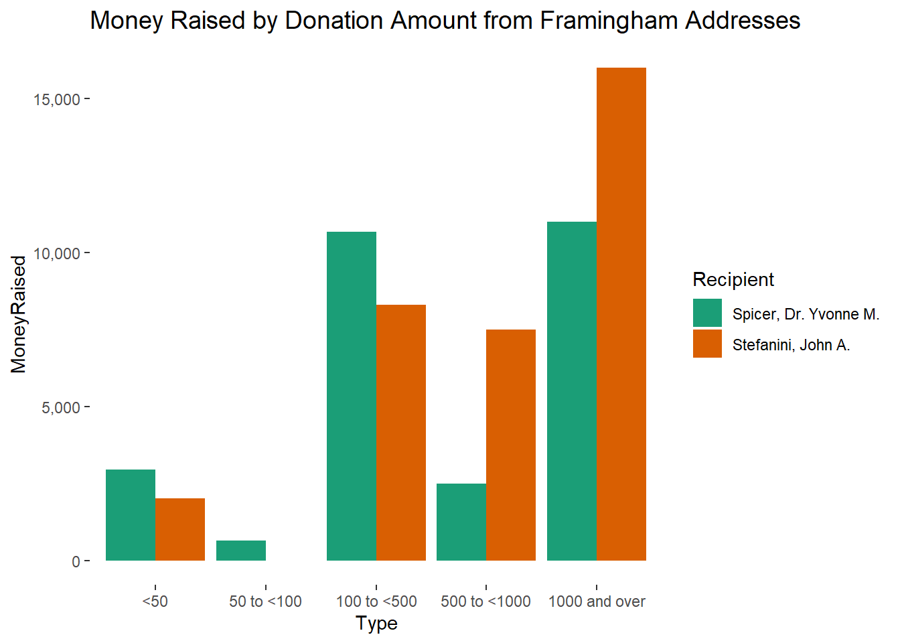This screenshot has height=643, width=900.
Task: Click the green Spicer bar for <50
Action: pos(131,515)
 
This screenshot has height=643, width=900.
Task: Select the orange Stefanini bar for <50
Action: pos(180,529)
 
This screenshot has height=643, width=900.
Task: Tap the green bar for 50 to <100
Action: pos(241,551)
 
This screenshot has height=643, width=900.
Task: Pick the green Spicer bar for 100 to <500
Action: pos(352,396)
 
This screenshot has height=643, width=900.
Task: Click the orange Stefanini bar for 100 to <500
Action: pos(401,433)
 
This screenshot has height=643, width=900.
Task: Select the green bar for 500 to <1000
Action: pos(461,522)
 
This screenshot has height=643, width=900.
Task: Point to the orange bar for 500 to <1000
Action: pos(511,445)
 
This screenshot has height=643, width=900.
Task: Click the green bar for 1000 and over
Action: pos(572,391)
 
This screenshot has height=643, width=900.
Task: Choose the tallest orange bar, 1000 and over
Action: pos(621,314)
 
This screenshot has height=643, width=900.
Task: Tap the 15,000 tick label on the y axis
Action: pos(57,100)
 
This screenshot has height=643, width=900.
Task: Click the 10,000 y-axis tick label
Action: pos(57,254)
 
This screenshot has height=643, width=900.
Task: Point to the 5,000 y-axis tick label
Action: pos(61,408)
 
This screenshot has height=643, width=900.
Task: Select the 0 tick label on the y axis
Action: pos(76,562)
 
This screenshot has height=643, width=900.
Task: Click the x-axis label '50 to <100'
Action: pos(265,601)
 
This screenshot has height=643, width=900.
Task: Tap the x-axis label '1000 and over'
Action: pos(597,601)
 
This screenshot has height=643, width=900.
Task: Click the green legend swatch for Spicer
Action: pos(707,313)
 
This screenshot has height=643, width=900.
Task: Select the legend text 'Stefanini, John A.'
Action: pos(791,345)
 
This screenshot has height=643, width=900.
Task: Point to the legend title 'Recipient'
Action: pos(733,279)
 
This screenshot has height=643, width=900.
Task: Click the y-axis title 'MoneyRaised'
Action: pos(19,314)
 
